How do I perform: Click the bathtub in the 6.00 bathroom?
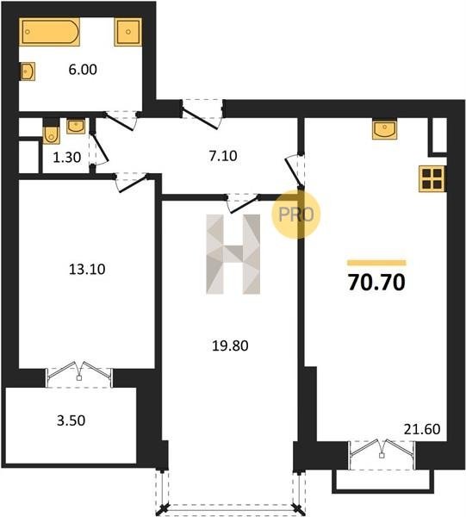(x=49, y=32)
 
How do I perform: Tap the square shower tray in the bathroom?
(x=128, y=32)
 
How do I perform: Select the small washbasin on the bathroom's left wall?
(x=28, y=71)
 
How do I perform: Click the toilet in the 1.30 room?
(x=52, y=131)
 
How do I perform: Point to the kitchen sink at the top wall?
(x=384, y=128)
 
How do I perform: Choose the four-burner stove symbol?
(x=432, y=178)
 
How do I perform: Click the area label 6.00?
(x=83, y=70)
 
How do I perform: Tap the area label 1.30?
(x=67, y=158)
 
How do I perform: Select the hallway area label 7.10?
(x=223, y=156)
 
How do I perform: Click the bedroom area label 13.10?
(x=87, y=269)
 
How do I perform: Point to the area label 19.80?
(x=230, y=346)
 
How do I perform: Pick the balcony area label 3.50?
(x=71, y=420)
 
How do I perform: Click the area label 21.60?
(x=422, y=429)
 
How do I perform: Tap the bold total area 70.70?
(x=376, y=283)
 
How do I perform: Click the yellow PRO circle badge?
(x=296, y=215)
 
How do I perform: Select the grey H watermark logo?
(x=233, y=254)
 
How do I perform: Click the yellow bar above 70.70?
(x=376, y=263)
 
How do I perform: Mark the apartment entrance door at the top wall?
(x=202, y=114)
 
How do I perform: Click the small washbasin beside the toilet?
(x=76, y=127)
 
